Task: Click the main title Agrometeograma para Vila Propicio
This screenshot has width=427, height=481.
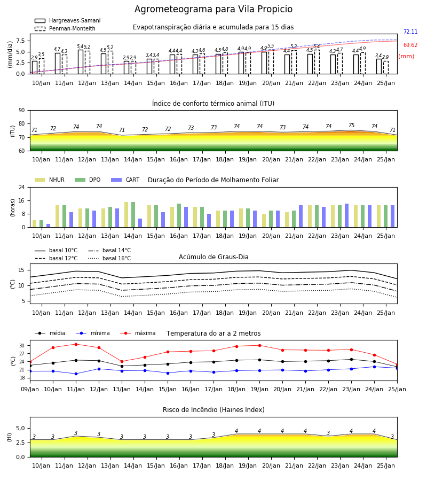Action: (x=213, y=9)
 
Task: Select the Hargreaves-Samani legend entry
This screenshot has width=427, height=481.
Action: (x=68, y=20)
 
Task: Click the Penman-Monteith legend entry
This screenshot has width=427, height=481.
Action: (x=65, y=28)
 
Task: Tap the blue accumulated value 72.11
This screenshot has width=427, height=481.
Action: (x=410, y=32)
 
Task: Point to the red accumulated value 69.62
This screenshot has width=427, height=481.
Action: (x=410, y=45)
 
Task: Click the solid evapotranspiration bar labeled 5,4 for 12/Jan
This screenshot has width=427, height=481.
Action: (x=81, y=61)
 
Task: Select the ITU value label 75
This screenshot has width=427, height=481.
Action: (x=351, y=125)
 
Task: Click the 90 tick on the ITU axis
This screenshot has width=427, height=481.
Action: (x=22, y=111)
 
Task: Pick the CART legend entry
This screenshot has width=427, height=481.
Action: (x=125, y=180)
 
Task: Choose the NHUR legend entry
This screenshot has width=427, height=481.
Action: (x=50, y=180)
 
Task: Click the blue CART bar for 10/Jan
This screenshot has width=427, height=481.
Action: (x=49, y=226)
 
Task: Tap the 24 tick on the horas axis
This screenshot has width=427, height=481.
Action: (x=22, y=187)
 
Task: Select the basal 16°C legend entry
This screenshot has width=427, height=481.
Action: (x=109, y=258)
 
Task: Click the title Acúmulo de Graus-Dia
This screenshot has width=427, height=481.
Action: (x=213, y=257)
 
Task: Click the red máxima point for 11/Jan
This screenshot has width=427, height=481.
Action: (x=76, y=344)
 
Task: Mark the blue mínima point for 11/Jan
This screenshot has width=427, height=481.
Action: (x=76, y=374)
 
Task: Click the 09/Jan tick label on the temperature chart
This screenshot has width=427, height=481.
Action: (x=30, y=389)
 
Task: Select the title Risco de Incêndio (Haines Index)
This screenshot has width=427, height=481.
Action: (x=213, y=409)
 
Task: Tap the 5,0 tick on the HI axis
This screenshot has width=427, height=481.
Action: (x=20, y=428)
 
